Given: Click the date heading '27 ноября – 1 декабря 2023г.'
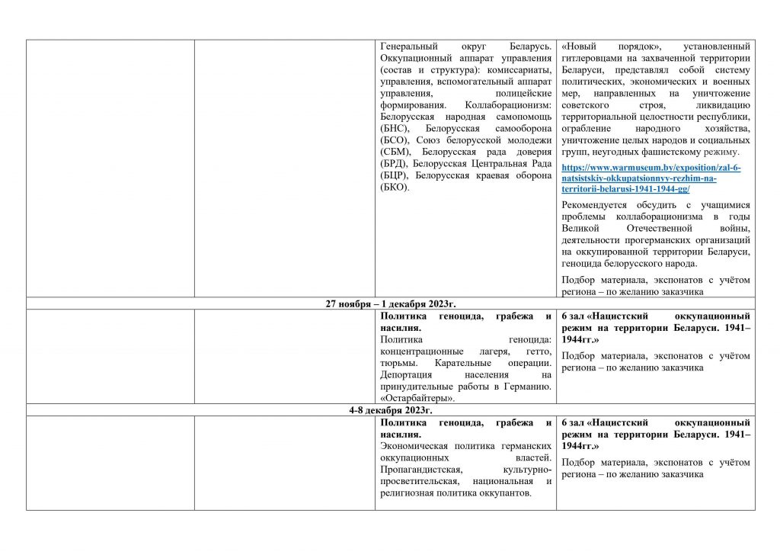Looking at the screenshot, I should pyautogui.click(x=391, y=303).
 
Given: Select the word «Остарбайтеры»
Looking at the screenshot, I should pyautogui.click(x=417, y=398).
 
